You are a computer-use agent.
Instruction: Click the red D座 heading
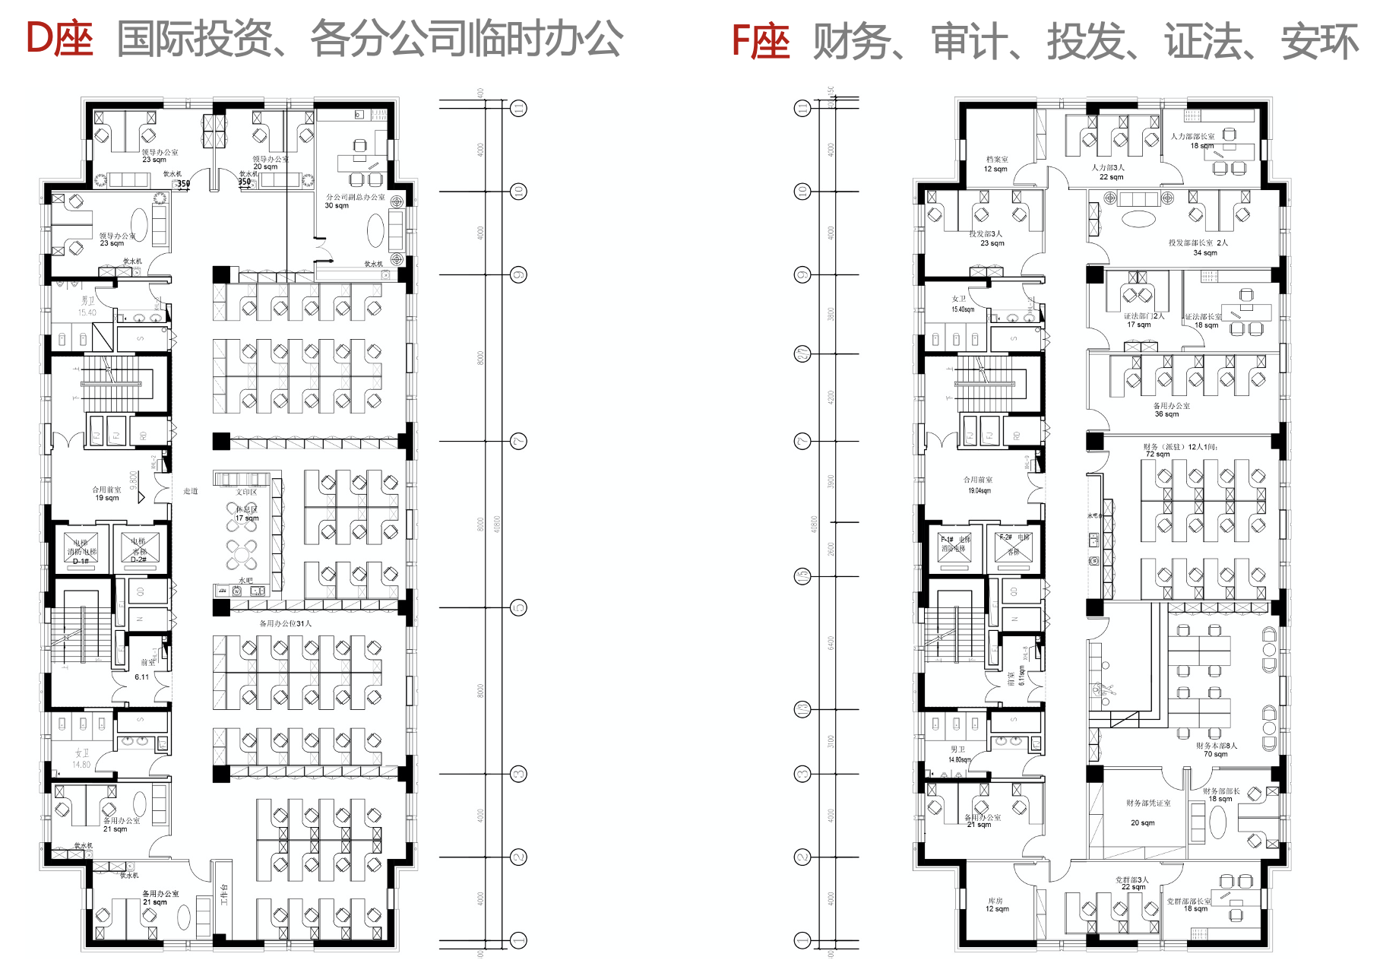click(x=59, y=40)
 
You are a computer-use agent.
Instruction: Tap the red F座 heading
click(x=760, y=41)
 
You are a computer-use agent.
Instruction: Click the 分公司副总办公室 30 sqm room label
click(x=354, y=201)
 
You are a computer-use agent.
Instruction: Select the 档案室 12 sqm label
click(x=996, y=164)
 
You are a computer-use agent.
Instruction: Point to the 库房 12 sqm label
click(x=996, y=905)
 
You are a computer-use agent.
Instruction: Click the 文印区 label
click(x=246, y=492)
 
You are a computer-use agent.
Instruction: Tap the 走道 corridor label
click(x=191, y=491)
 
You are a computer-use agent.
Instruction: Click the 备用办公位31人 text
click(x=286, y=623)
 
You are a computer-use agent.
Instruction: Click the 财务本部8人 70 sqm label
click(x=1216, y=749)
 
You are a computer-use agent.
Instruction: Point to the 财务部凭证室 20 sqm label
click(x=1147, y=812)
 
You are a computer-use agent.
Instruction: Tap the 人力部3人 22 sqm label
click(x=1109, y=172)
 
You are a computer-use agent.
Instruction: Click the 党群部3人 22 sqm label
click(x=1132, y=883)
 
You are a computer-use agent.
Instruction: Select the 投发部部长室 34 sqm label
click(x=1198, y=248)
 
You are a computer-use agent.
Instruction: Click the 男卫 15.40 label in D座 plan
click(x=88, y=306)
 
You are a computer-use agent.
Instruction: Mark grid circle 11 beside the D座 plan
click(x=518, y=108)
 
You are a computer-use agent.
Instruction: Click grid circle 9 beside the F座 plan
click(x=802, y=274)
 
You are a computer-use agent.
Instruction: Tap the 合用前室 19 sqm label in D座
click(x=106, y=493)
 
